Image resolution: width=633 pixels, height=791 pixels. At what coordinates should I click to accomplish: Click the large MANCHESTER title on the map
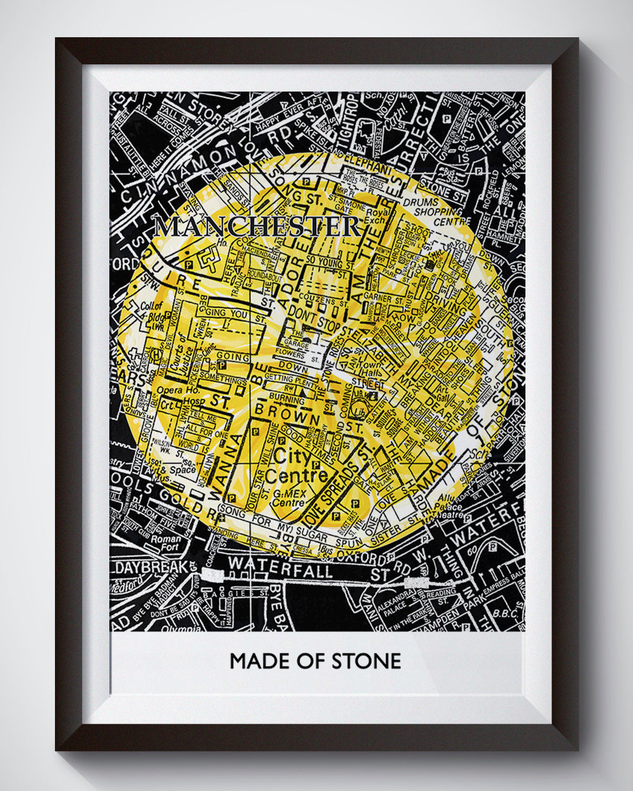coord(258,227)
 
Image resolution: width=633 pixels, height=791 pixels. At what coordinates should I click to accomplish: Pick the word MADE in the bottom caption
coord(259,660)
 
